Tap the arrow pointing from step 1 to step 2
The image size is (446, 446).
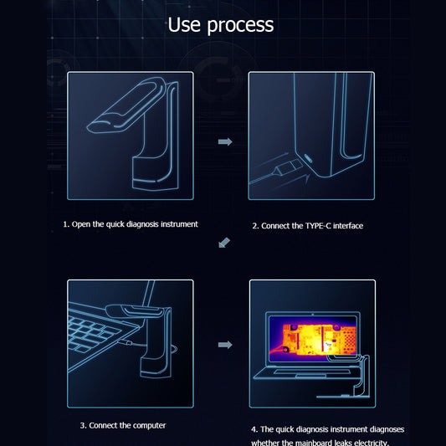(224, 142)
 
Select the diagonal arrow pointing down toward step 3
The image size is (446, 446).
(223, 243)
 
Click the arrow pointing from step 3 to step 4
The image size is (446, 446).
(224, 344)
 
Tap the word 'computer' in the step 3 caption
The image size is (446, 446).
(145, 425)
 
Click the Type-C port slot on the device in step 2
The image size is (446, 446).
(307, 157)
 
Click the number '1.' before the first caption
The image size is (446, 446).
(67, 224)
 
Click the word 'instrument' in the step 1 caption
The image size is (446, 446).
(177, 224)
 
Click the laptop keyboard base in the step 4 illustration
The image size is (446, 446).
(301, 371)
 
